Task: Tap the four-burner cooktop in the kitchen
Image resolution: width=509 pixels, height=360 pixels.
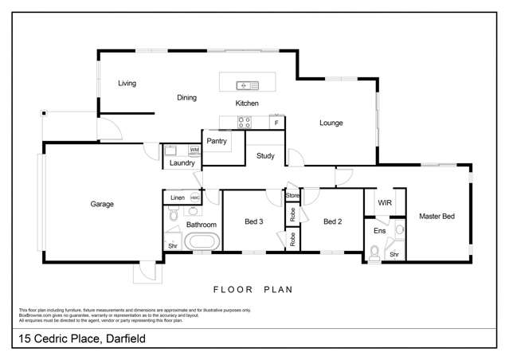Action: tap(245, 122)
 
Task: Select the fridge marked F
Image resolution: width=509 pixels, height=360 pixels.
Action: tap(276, 123)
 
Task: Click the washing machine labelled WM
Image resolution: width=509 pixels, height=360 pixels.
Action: tap(194, 150)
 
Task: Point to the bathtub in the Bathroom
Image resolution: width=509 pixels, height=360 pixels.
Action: tap(201, 242)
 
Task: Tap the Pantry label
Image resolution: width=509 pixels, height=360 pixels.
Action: tap(217, 141)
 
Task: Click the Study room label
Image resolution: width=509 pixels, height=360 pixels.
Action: tap(265, 156)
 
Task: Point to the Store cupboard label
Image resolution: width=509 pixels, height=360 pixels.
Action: tap(292, 195)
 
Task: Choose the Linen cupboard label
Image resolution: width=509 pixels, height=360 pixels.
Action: tap(177, 198)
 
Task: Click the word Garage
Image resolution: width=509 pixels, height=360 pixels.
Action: tap(102, 204)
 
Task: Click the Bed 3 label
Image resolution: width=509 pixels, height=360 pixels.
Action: tap(253, 221)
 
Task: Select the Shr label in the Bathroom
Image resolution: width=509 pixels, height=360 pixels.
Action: tap(173, 246)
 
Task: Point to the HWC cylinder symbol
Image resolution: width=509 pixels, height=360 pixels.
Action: tap(195, 198)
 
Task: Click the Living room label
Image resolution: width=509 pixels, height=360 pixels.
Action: tap(127, 83)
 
